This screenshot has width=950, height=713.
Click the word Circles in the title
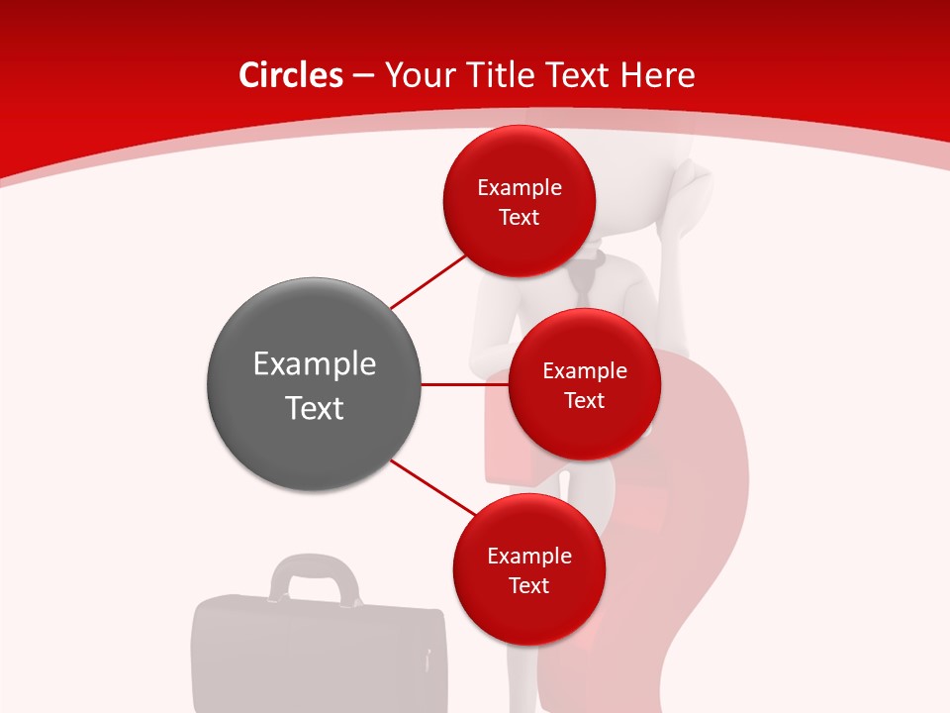click(x=291, y=75)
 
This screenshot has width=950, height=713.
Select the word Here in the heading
click(x=657, y=75)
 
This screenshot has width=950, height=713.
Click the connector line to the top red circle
click(x=427, y=282)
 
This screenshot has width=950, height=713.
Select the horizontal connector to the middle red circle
click(x=464, y=384)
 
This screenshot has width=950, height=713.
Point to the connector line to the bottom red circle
click(x=432, y=489)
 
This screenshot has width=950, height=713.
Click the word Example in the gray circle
click(x=314, y=363)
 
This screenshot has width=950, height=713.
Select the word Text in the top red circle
click(x=520, y=217)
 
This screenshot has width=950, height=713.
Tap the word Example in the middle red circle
click(x=584, y=370)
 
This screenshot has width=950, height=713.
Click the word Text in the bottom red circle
click(x=528, y=585)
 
